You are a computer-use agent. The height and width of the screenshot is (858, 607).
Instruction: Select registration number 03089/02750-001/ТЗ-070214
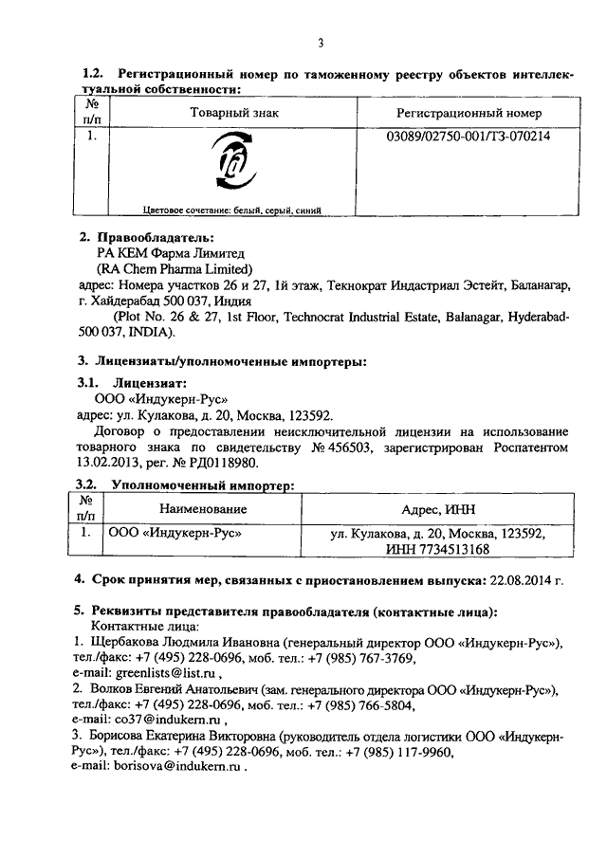(x=469, y=136)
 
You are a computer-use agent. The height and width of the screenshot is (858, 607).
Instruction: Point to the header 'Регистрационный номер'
(x=469, y=113)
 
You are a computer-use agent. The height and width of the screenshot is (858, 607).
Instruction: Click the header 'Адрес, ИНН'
(x=436, y=509)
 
